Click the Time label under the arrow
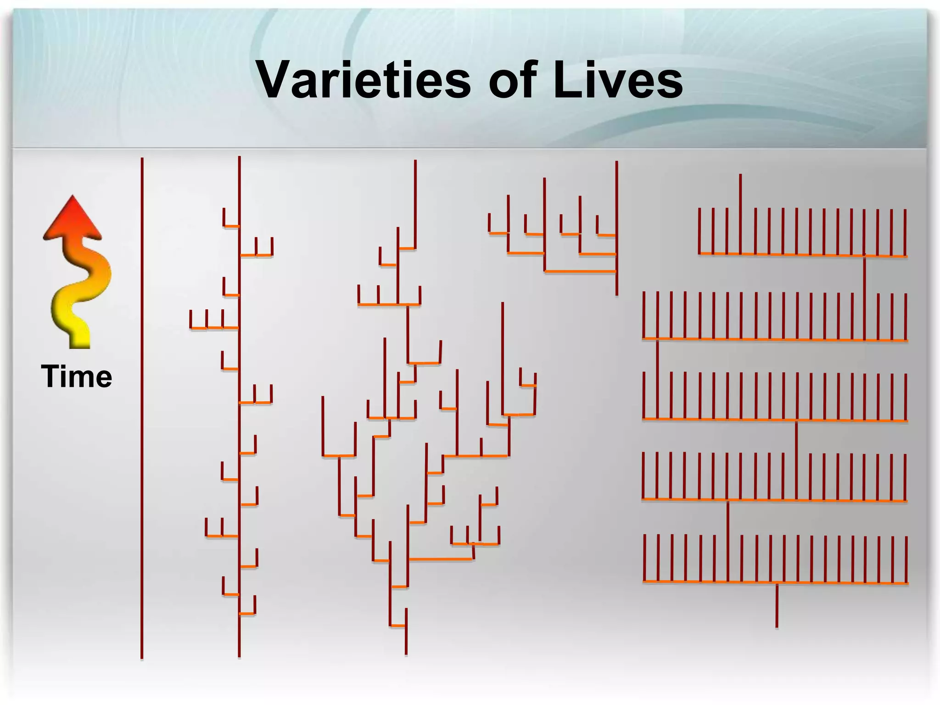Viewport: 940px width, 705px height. [x=76, y=376]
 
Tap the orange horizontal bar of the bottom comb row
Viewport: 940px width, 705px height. [x=776, y=582]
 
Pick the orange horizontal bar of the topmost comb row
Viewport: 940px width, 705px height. [x=803, y=255]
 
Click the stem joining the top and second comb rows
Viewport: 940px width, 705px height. [x=865, y=298]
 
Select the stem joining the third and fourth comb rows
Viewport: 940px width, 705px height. [x=796, y=459]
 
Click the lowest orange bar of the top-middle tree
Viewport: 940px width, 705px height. [x=580, y=272]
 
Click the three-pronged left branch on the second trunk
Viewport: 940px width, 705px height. [x=213, y=327]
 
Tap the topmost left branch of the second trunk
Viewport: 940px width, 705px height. [x=231, y=225]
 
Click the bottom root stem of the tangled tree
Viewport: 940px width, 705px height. [x=406, y=638]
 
